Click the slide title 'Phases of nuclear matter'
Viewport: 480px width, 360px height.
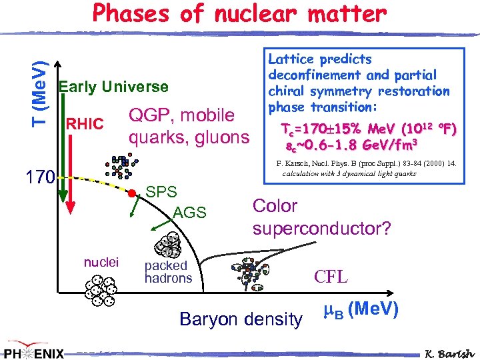tap(239, 14)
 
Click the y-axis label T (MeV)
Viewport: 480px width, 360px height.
tap(40, 76)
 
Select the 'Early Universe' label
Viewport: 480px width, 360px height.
tap(113, 87)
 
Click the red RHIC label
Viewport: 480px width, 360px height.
tap(84, 124)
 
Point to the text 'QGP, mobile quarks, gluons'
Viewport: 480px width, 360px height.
tap(189, 127)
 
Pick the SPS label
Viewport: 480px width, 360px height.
tap(161, 192)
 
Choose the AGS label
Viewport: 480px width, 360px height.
tap(190, 213)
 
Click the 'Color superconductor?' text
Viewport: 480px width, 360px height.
tap(321, 217)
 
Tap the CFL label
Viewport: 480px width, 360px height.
tap(331, 276)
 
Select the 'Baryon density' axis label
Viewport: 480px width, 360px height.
tap(241, 319)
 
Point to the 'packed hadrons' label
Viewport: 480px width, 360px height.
tap(168, 272)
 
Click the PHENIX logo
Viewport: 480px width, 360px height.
tap(35, 351)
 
